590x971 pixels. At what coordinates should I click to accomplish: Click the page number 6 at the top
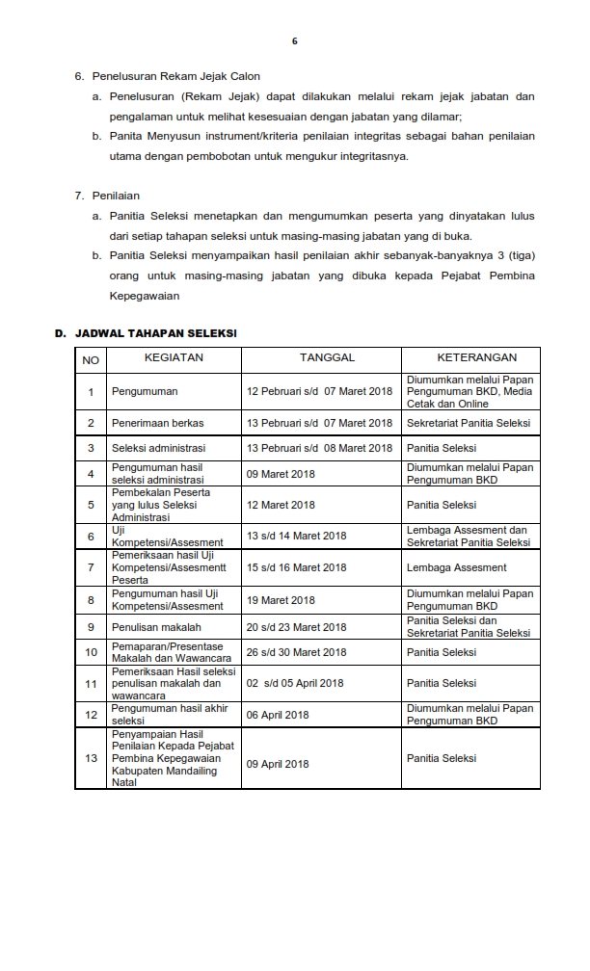tap(295, 40)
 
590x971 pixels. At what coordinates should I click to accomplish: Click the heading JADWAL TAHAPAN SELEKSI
tap(154, 333)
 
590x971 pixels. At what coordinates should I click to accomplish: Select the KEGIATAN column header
tap(174, 358)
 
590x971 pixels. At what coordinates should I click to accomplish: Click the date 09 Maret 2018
tap(281, 474)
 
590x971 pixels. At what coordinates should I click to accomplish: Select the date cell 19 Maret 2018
tap(281, 600)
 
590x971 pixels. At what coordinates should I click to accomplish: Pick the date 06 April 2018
tap(278, 714)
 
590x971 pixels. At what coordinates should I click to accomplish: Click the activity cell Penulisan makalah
tap(156, 627)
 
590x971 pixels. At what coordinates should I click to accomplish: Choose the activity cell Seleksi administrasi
tap(159, 448)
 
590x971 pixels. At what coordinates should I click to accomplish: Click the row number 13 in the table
tap(91, 758)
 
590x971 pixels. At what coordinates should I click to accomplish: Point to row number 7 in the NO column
tap(91, 568)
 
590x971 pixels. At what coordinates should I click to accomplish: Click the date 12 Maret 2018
tap(281, 505)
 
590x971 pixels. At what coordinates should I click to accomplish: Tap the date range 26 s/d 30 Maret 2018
tap(296, 652)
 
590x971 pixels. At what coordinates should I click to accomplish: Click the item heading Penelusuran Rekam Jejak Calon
tap(176, 76)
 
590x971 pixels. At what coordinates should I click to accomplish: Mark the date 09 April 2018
tap(278, 764)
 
